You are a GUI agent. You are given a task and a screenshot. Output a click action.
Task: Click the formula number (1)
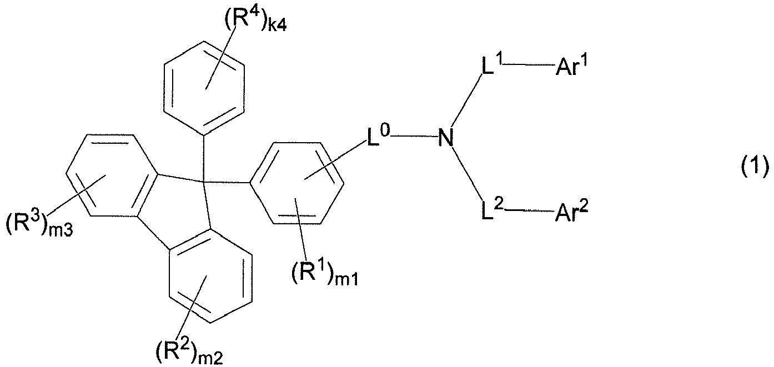point(755,165)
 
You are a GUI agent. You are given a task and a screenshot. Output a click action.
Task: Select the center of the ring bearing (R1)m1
point(298,183)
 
